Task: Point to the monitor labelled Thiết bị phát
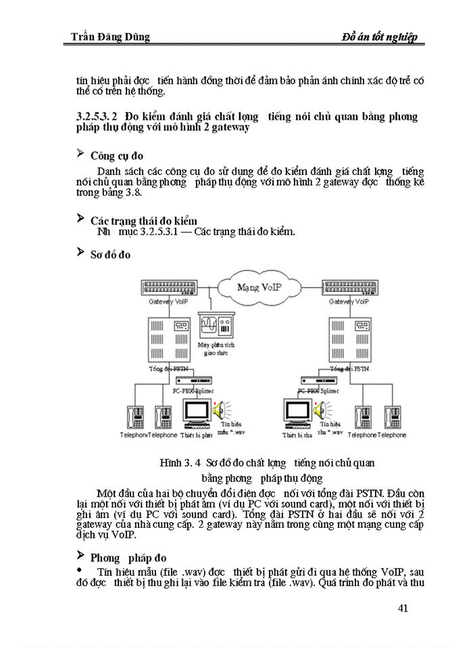[x=196, y=413]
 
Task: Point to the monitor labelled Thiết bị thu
[x=297, y=413]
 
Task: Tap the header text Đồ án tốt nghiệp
[x=380, y=36]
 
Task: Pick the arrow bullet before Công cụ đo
[x=80, y=155]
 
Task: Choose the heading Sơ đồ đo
[x=110, y=254]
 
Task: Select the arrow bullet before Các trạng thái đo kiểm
[x=80, y=219]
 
